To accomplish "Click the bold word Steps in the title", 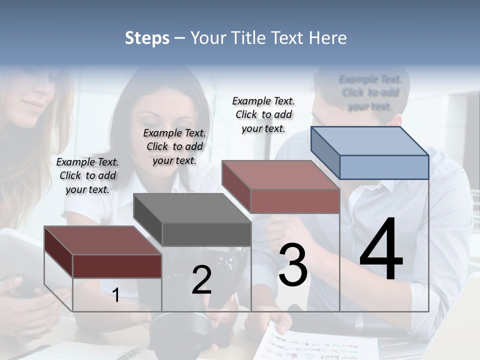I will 147,38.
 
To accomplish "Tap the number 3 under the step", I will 293,265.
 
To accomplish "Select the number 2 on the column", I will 201,280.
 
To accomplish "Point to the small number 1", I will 116,295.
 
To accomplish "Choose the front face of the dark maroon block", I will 117,266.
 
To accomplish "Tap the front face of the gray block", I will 206,234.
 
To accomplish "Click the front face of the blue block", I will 384,167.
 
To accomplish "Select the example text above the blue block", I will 370,92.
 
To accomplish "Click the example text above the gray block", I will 174,146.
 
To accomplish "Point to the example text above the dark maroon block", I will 87,175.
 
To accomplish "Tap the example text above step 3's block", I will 263,114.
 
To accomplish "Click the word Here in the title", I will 328,38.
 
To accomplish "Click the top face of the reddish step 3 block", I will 280,175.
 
